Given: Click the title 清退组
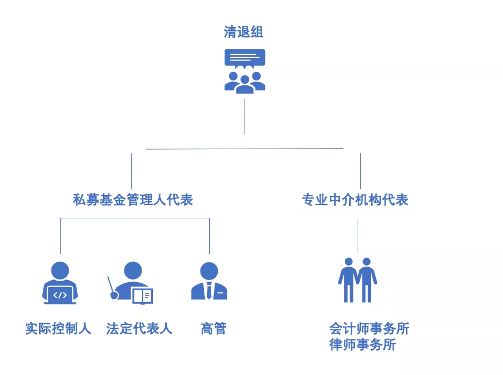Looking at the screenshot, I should point(244,32).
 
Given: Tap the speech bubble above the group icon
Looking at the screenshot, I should point(245,57).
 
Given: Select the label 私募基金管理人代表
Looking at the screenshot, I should point(132,200).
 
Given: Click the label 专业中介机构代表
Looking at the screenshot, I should point(355,200).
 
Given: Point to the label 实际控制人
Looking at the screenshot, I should point(58,328).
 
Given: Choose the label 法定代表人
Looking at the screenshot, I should point(139,328).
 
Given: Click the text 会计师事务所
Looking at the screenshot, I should point(369,328).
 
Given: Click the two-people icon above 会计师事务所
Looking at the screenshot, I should point(358,280).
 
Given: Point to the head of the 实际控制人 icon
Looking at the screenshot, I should point(60,270).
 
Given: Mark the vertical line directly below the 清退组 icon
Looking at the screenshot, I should point(245,116).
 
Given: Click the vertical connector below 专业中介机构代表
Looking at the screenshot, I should point(358,236).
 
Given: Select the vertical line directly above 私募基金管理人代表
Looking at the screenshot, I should point(131,171).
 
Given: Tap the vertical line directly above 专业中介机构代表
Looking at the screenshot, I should point(360,171).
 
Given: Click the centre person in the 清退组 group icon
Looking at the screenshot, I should point(245,85).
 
